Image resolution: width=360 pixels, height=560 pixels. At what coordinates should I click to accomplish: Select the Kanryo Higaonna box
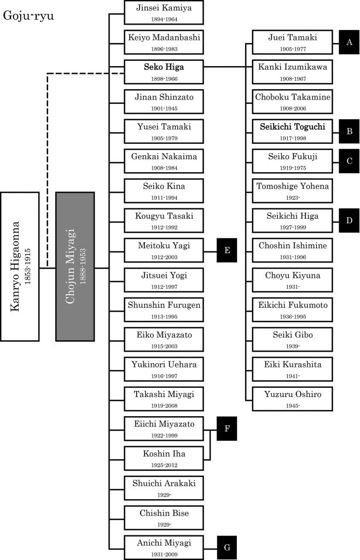pos(20,265)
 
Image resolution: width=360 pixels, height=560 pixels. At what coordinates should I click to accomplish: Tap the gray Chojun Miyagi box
pos(75,265)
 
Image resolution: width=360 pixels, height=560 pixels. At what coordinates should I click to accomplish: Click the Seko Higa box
pos(164,71)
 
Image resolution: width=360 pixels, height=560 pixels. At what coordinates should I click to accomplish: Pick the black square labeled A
pos(349,42)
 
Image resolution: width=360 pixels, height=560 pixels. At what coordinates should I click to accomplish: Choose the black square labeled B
pos(349,131)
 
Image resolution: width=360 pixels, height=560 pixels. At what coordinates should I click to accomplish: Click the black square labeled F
pos(227,429)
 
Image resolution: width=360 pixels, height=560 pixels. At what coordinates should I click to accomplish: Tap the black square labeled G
pos(227,547)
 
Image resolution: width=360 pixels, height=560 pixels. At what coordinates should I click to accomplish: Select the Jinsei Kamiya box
pos(164,12)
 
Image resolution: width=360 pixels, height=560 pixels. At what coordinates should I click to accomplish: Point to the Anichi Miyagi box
pos(164,547)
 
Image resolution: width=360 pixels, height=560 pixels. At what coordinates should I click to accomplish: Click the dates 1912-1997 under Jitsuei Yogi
pos(164,287)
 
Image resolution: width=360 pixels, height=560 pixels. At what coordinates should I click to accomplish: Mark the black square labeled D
pos(349,220)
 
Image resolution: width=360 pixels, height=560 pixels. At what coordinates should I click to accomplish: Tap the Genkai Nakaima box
pos(164,161)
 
